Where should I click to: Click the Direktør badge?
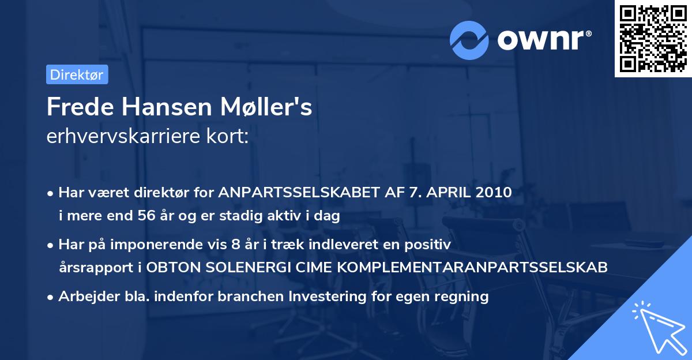tap(77, 74)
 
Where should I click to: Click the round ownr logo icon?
tap(469, 40)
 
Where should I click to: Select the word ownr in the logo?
tap(544, 40)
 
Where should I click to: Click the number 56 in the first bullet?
tap(146, 216)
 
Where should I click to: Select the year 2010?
tap(494, 192)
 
